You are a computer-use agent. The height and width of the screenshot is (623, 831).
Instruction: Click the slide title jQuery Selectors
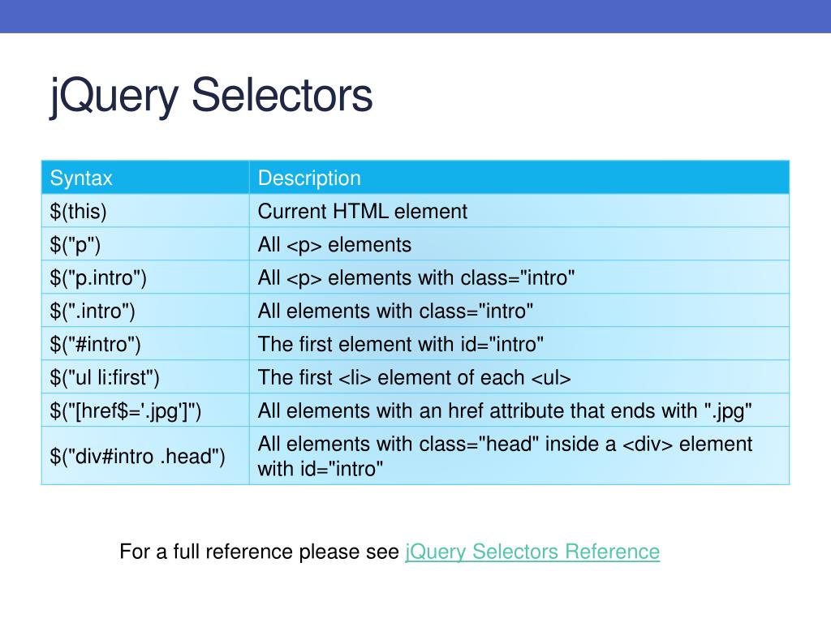(x=211, y=97)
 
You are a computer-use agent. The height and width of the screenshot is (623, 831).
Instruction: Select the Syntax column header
(x=81, y=178)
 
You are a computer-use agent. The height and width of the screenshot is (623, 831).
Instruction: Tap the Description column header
(x=309, y=178)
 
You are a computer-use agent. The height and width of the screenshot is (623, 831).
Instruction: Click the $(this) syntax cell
(x=79, y=212)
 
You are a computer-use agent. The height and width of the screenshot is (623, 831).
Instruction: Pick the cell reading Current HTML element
(x=363, y=212)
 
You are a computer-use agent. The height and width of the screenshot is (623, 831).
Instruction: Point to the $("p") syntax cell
(x=75, y=245)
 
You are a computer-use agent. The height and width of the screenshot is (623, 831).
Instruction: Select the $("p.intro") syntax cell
(x=98, y=278)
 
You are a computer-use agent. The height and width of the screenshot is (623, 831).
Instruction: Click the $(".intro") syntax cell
(x=93, y=311)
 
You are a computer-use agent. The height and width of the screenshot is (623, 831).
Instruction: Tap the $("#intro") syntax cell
(x=96, y=344)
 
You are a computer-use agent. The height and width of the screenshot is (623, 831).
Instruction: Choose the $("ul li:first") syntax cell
(x=105, y=378)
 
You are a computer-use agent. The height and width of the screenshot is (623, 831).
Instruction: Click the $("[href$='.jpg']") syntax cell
(x=126, y=411)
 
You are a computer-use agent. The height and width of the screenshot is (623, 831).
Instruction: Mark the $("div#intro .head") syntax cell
(x=137, y=456)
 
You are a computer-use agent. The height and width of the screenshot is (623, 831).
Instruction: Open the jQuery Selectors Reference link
(x=532, y=552)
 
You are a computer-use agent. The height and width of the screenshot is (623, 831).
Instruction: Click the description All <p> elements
(x=334, y=245)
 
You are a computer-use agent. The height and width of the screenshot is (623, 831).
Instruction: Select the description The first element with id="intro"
(x=401, y=344)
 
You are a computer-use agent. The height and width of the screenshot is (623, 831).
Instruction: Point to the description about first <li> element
(x=415, y=378)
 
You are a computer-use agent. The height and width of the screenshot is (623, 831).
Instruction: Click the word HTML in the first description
(x=360, y=212)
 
